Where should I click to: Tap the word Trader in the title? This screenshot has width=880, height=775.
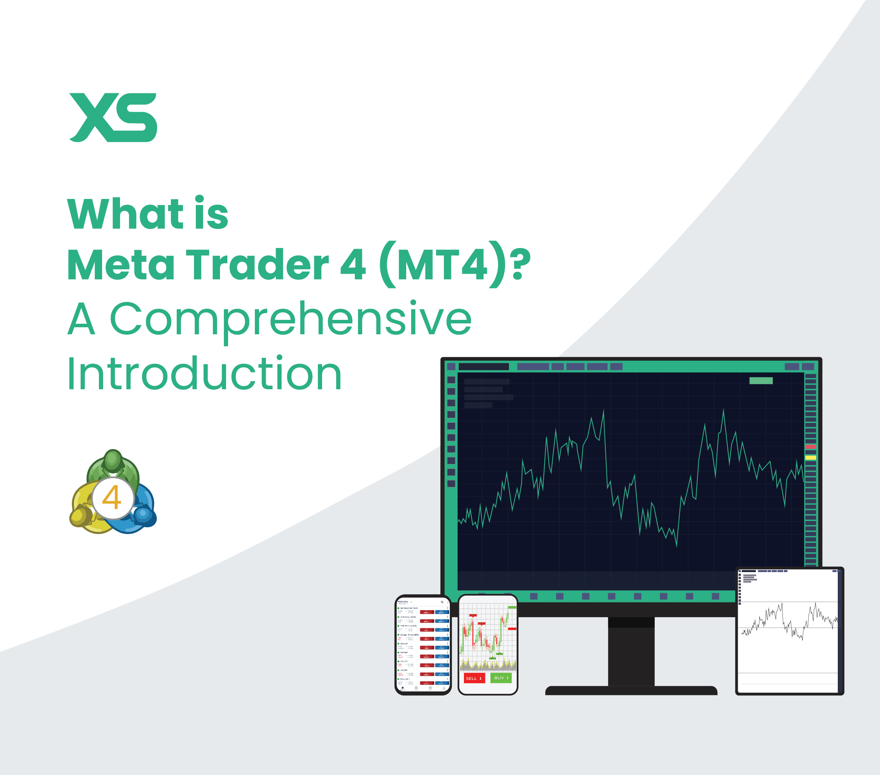coord(257,265)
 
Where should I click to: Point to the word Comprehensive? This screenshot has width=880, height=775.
coord(291,319)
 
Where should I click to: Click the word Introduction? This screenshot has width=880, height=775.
coord(205,373)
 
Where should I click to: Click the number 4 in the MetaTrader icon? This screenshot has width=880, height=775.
coord(112,497)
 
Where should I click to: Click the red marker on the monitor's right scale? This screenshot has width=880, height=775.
coord(811,447)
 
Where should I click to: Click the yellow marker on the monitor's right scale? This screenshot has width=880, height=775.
coord(811,458)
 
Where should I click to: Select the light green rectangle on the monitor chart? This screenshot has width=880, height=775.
coord(761,380)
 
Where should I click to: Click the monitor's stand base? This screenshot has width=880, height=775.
coord(631,690)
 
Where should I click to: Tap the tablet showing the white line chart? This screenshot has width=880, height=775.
coord(789,631)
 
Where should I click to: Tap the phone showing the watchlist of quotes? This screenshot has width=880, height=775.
coord(423,644)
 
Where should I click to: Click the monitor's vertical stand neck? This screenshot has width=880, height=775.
coord(631,653)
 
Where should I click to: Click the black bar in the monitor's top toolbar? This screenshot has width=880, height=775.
coord(484,367)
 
